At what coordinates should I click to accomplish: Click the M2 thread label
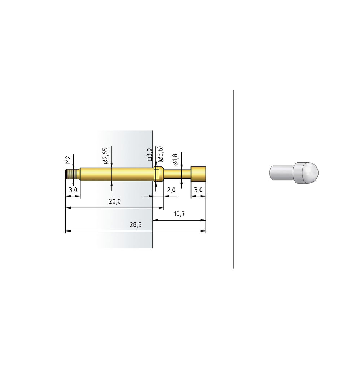pos(68,160)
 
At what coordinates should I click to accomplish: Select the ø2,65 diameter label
pos(105,156)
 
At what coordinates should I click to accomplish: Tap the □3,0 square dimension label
pos(150,155)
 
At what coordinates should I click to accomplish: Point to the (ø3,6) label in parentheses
pos(161,154)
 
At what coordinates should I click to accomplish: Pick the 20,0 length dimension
pos(115,201)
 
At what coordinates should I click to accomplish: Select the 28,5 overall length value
pos(136,225)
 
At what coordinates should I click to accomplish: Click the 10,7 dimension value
pos(179,214)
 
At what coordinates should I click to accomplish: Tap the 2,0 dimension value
pos(171,190)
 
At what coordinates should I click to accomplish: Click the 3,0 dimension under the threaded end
pos(73,190)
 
